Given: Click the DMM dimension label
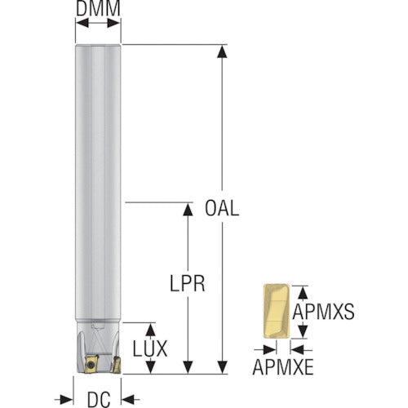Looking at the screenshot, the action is (98, 8).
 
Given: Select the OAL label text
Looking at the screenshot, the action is (222, 208).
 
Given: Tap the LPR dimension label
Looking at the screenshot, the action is (188, 283).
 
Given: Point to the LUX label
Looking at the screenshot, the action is (150, 348).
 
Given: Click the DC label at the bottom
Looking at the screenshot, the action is (99, 400).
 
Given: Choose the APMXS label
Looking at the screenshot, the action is (323, 312).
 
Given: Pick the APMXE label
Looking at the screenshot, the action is (283, 367).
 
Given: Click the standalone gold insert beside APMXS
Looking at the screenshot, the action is (276, 311).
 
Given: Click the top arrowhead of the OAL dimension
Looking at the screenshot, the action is (222, 51).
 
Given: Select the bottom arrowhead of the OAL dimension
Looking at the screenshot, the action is (222, 367).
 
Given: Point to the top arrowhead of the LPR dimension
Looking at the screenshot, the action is (188, 210).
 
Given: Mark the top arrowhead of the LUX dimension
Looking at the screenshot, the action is (150, 330).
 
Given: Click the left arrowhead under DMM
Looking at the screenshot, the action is (82, 23).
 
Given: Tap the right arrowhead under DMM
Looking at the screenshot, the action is (113, 23).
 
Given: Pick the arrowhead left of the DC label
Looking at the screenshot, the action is (67, 400).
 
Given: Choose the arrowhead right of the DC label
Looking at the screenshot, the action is (128, 400).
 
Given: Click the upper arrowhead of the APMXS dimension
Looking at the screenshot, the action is (303, 293).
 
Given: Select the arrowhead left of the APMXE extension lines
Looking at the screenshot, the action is (270, 350).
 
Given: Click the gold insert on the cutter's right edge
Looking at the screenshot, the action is (117, 365).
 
